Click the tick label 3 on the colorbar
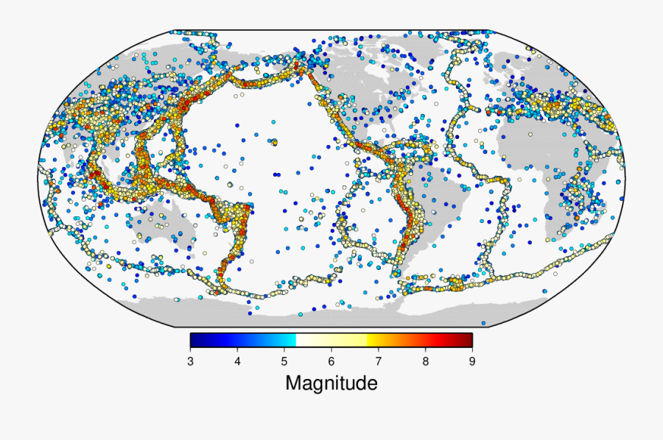tap(190, 361)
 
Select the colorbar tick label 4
tap(237, 361)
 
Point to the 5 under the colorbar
tap(284, 361)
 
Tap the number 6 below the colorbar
tap(331, 361)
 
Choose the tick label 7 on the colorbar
tap(379, 361)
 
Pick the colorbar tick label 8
tap(425, 361)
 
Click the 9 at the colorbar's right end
tap(472, 361)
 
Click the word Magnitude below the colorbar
tap(331, 383)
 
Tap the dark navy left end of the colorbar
tap(194, 340)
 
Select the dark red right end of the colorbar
tap(467, 340)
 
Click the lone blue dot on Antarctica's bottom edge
tap(483, 323)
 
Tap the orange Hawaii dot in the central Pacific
tap(274, 142)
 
